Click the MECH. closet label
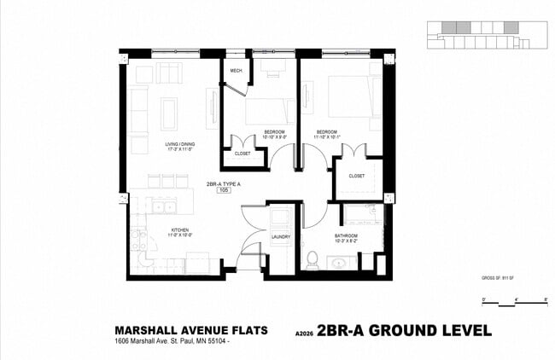click(237, 71)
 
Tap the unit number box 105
click(224, 191)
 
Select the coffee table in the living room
click(169, 113)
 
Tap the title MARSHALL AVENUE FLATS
click(191, 330)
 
